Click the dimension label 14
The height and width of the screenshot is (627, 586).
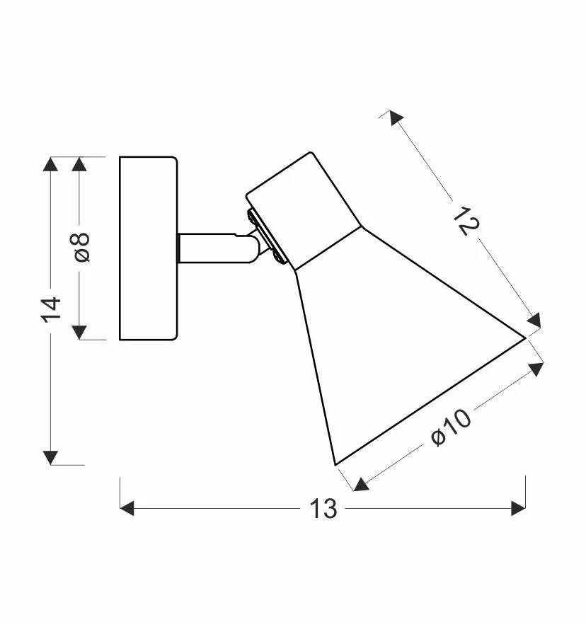[x=51, y=309]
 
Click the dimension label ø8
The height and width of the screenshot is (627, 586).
[x=81, y=247]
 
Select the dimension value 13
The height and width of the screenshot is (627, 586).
[x=323, y=509]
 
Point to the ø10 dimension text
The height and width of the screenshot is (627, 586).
[x=452, y=427]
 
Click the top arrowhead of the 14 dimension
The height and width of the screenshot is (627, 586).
[x=50, y=163]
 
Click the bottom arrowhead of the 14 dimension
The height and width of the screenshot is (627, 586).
[x=50, y=458]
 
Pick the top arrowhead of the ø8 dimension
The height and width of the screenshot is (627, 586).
[x=79, y=163]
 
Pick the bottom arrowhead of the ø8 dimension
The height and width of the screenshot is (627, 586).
[x=79, y=333]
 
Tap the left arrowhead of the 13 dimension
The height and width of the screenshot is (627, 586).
[x=127, y=509]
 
